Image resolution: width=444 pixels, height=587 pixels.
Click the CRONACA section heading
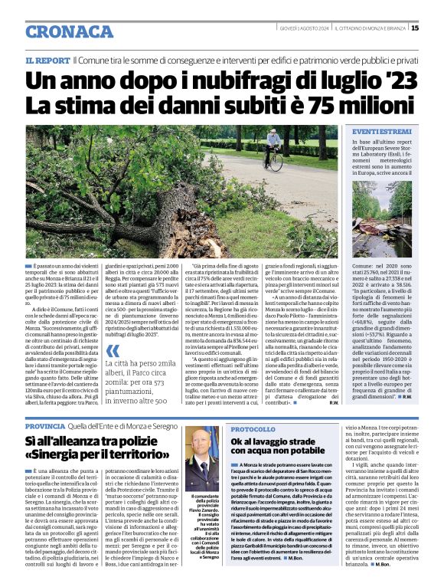point(69,31)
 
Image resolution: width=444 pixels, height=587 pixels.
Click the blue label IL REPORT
point(47,60)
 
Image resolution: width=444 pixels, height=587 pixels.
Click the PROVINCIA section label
point(45,426)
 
